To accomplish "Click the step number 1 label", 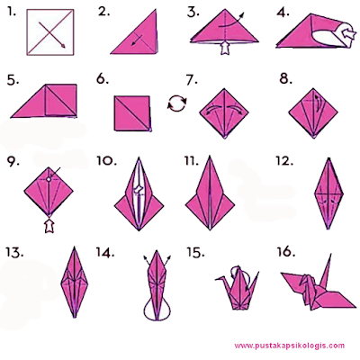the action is [12, 13].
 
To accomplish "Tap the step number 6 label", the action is [103, 79].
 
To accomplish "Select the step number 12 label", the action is [284, 161].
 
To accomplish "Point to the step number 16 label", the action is [285, 252].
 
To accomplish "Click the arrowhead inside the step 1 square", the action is [63, 45].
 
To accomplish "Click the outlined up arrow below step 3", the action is [224, 48].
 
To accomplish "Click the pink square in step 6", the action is [132, 113].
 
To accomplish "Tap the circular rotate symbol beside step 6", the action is [177, 103].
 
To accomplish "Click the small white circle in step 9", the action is [49, 179].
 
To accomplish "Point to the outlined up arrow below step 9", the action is [49, 226].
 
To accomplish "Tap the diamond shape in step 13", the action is [74, 282].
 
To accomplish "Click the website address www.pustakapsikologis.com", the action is [290, 346].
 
